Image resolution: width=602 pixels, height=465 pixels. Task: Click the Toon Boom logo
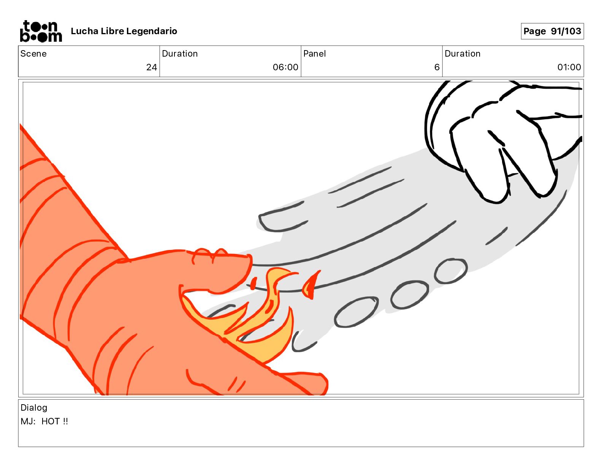pos(41,31)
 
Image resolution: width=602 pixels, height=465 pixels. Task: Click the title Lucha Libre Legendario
pos(124,31)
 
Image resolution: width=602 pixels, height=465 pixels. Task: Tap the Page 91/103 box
pos(552,31)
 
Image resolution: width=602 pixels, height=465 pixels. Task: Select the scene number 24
pos(152,67)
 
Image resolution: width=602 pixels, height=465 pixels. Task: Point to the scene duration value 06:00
pos(285,67)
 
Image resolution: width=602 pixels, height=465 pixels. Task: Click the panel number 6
pos(437,67)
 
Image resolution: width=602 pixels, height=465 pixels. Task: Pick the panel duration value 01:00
pos(569,67)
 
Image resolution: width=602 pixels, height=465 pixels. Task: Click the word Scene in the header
pos(33,54)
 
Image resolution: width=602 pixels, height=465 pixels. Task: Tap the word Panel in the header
pos(314,54)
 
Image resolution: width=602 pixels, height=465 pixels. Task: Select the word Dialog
pos(34,408)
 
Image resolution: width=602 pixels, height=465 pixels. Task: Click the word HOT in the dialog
pos(51,421)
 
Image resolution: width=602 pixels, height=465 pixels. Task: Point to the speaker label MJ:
pos(28,421)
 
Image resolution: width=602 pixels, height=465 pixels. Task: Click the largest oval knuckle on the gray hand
pos(356,312)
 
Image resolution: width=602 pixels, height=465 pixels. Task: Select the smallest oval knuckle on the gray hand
pos(451,271)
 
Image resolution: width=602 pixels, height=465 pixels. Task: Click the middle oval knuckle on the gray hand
pos(410,295)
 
